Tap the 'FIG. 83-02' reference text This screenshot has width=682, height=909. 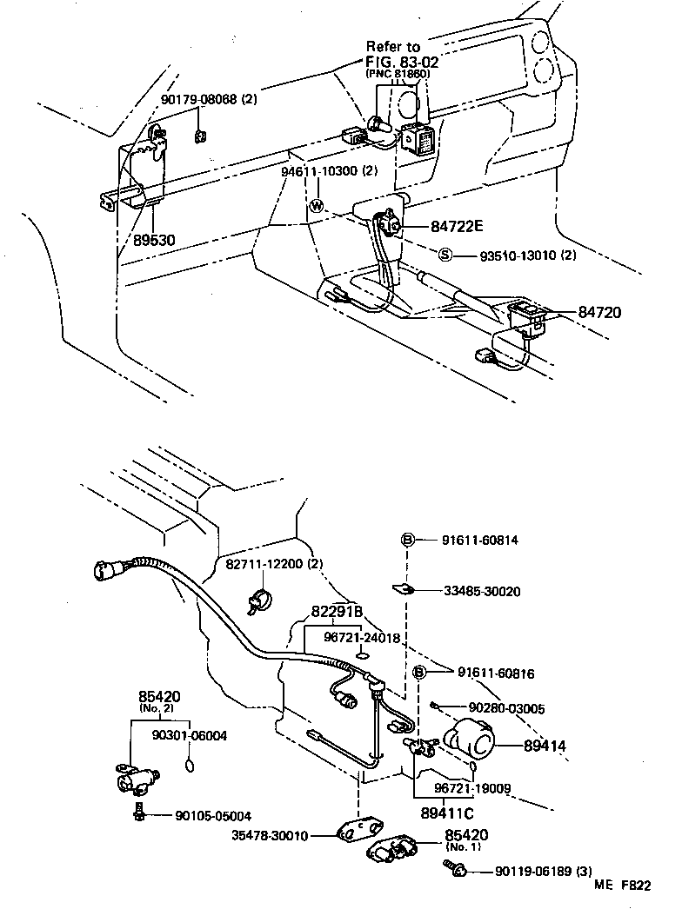[x=402, y=62]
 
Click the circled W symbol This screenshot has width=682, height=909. [x=318, y=207]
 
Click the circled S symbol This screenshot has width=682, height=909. [x=445, y=255]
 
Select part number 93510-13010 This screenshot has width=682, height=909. [x=517, y=255]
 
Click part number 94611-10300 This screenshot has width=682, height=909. [x=318, y=171]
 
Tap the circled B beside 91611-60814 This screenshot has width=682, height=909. [x=406, y=540]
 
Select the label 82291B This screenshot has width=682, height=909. [x=336, y=612]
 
